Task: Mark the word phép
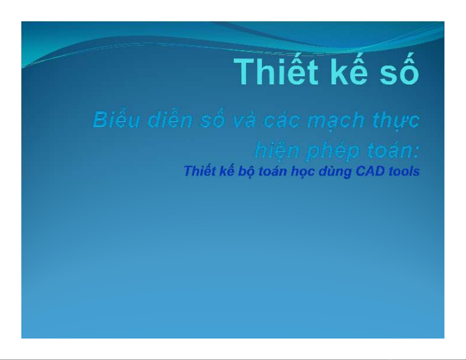[x=333, y=151]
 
